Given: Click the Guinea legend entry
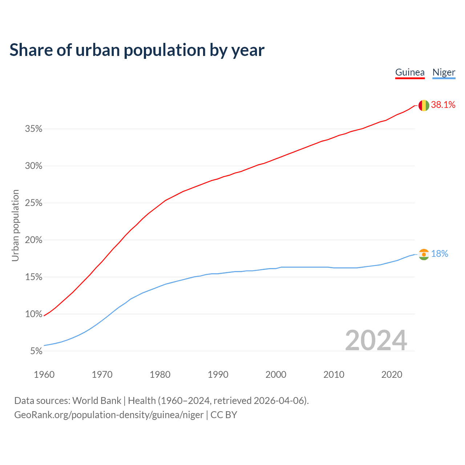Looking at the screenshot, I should click(x=410, y=72).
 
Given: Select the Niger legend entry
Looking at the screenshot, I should click(x=444, y=72).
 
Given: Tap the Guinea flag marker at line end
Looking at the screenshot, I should click(x=424, y=105).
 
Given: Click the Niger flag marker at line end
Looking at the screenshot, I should click(x=424, y=254).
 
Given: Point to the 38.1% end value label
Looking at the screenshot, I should click(x=443, y=105).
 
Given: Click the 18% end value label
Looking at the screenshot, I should click(x=440, y=254).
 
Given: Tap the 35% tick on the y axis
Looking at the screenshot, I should click(x=34, y=129).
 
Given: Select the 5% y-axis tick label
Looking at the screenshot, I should click(x=36, y=351).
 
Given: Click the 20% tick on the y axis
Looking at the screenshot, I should click(x=34, y=240).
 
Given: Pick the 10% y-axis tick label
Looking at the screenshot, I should click(x=34, y=314).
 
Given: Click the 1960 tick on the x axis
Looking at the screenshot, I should click(x=44, y=375).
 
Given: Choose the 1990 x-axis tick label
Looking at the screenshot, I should click(x=218, y=375).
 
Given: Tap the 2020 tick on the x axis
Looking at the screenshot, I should click(x=392, y=375).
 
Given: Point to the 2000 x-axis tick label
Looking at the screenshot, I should click(x=276, y=375).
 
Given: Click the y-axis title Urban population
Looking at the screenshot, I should click(x=15, y=225).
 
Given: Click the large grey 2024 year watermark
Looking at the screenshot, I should click(x=376, y=340).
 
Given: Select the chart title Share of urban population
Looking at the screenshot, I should click(x=137, y=50).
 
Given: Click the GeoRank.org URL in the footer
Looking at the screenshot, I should click(x=109, y=415).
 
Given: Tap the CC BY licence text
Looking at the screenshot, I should click(x=224, y=415).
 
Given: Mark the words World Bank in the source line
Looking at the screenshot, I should click(x=97, y=401).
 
